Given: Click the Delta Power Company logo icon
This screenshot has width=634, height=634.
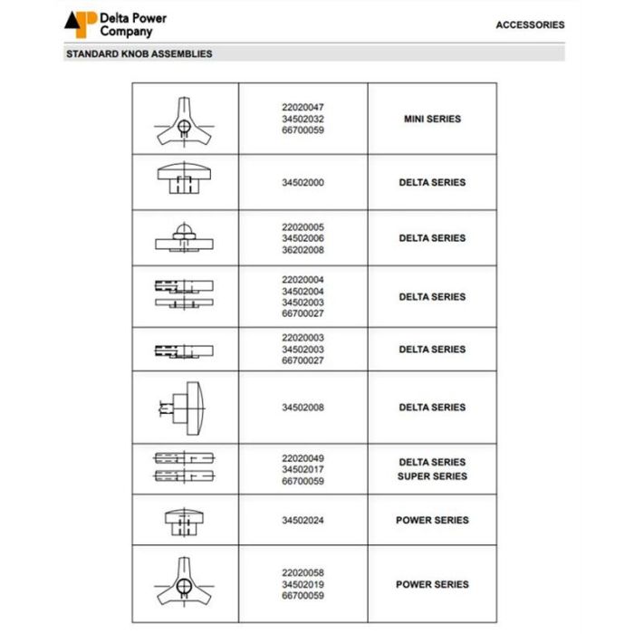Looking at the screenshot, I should point(80,24).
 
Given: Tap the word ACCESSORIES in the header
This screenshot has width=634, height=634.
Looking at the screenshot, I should point(530,25).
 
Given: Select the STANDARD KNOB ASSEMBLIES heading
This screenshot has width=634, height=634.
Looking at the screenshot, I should point(139,54).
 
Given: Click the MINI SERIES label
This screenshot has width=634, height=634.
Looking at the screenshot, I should point(432,119).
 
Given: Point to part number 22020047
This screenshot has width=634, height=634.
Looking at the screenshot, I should point(303,107).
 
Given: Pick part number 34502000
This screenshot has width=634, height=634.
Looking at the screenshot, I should point(303,182).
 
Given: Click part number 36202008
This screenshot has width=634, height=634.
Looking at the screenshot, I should point(303,250).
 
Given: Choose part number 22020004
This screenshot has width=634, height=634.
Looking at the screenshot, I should point(303,280).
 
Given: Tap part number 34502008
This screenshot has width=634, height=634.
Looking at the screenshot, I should point(303,408).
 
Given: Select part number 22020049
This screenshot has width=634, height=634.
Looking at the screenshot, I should point(303,458).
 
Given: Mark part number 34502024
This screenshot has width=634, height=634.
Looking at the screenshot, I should point(303,520).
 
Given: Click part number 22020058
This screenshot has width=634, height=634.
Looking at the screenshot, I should point(303,573).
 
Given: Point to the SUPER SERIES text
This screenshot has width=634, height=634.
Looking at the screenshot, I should point(432,476).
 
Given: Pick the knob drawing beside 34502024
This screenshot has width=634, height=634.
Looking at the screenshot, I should point(184,521).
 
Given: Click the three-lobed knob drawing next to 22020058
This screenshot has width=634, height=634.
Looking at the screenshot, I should point(184,583).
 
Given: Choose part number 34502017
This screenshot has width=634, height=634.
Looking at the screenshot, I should point(303,469).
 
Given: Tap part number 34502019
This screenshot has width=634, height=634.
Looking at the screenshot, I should point(303,584).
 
